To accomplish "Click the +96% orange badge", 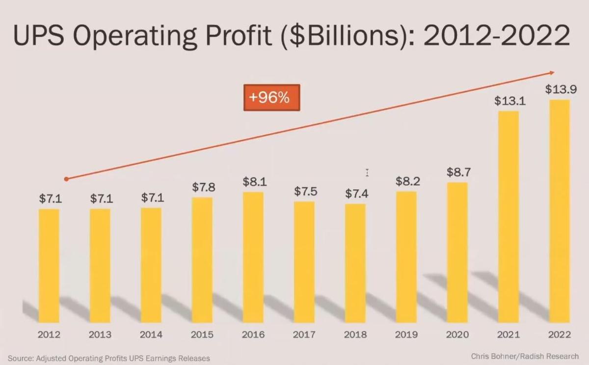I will click(x=271, y=97).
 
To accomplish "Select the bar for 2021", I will click(x=508, y=216).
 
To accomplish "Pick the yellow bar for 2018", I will click(x=355, y=263).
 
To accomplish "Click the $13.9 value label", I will click(x=561, y=89).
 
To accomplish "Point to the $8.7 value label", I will click(x=457, y=172).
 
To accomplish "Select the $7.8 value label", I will click(x=203, y=187).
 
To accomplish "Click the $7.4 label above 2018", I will click(x=356, y=194).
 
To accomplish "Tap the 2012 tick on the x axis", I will click(x=49, y=335).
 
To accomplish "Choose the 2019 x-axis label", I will click(x=406, y=335).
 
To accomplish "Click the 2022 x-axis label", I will click(x=560, y=335).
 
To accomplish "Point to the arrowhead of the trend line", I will click(x=552, y=73).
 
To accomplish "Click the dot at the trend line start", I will click(x=66, y=179).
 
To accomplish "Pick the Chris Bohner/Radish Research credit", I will click(x=524, y=356).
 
